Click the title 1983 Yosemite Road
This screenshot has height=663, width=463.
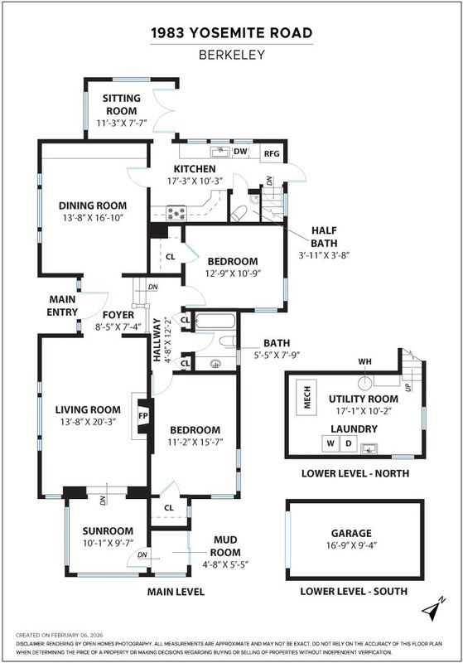pyautogui.click(x=232, y=32)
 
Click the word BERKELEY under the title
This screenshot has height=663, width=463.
pyautogui.click(x=232, y=55)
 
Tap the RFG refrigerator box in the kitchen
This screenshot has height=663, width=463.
pyautogui.click(x=272, y=153)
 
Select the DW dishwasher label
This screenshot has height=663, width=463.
pyautogui.click(x=240, y=152)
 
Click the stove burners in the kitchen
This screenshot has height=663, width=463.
pyautogui.click(x=176, y=213)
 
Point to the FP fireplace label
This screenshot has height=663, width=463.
pyautogui.click(x=143, y=416)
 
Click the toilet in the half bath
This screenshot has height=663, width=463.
pyautogui.click(x=239, y=212)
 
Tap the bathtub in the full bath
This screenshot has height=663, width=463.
pyautogui.click(x=215, y=321)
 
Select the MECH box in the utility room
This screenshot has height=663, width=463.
pyautogui.click(x=306, y=398)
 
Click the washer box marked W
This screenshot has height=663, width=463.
pyautogui.click(x=330, y=443)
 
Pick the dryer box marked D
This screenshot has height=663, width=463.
pyautogui.click(x=349, y=443)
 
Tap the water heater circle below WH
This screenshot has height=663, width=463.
pyautogui.click(x=365, y=383)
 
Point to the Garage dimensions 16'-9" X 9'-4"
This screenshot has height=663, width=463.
pyautogui.click(x=351, y=545)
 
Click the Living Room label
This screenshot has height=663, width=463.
pyautogui.click(x=88, y=409)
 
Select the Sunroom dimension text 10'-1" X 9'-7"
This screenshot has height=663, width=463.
pyautogui.click(x=108, y=543)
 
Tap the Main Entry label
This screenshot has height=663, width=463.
pyautogui.click(x=62, y=306)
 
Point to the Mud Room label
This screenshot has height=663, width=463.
pyautogui.click(x=225, y=546)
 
